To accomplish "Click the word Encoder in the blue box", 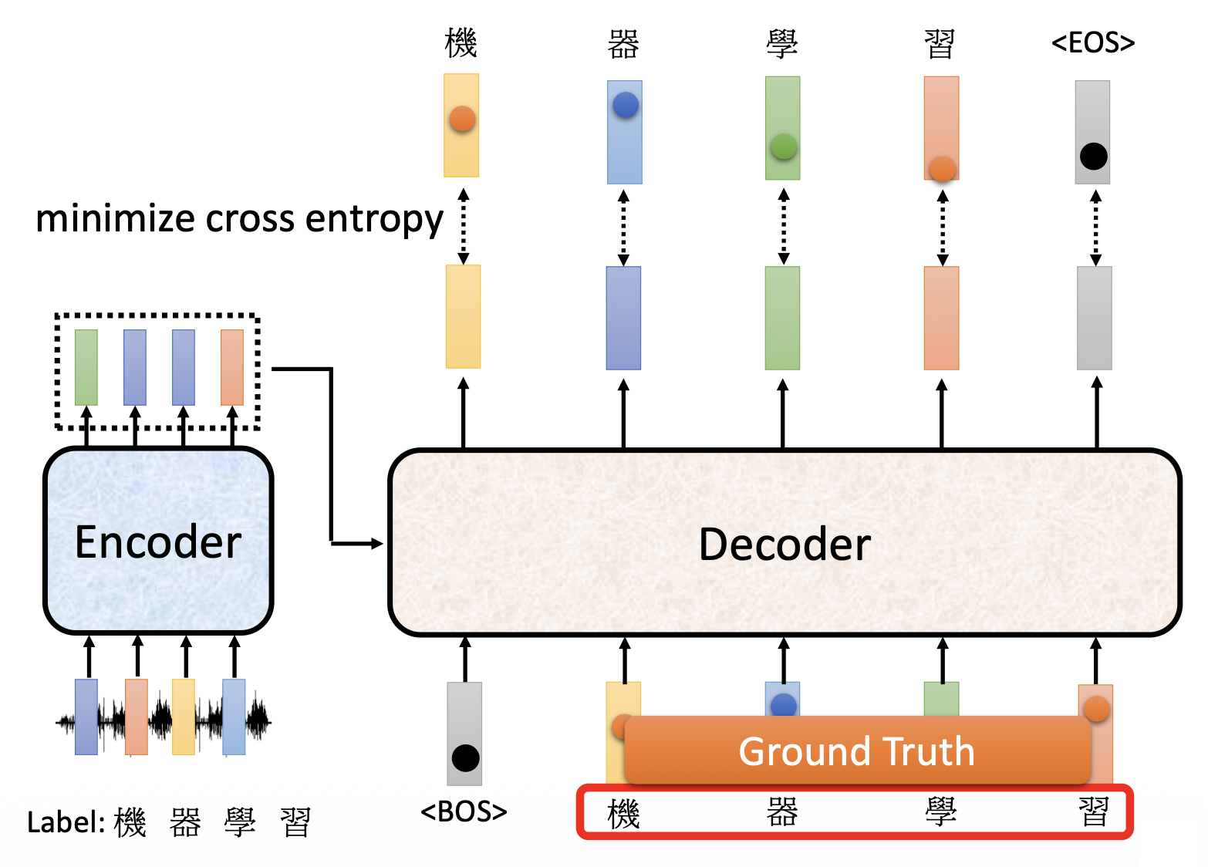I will click(x=158, y=541).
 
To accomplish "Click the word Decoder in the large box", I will click(x=785, y=544).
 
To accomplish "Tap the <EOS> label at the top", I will click(x=1093, y=42).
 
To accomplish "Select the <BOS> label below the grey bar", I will click(x=464, y=811).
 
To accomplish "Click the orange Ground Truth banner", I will click(x=856, y=751).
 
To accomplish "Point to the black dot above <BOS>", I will click(x=465, y=757).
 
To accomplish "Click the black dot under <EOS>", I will click(x=1093, y=157).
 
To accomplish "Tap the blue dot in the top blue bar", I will click(x=625, y=105).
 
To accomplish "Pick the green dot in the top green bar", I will click(x=783, y=146).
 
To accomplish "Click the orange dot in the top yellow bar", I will click(x=462, y=119).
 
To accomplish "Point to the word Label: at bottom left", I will click(x=66, y=822).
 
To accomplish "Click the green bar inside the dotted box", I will click(x=86, y=367).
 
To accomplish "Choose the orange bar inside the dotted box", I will click(x=232, y=367).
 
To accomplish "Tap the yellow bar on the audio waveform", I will click(x=184, y=717).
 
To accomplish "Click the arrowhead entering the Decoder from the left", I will click(x=377, y=544).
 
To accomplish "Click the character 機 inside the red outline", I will click(x=623, y=814).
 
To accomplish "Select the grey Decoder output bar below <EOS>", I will click(x=1094, y=318).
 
